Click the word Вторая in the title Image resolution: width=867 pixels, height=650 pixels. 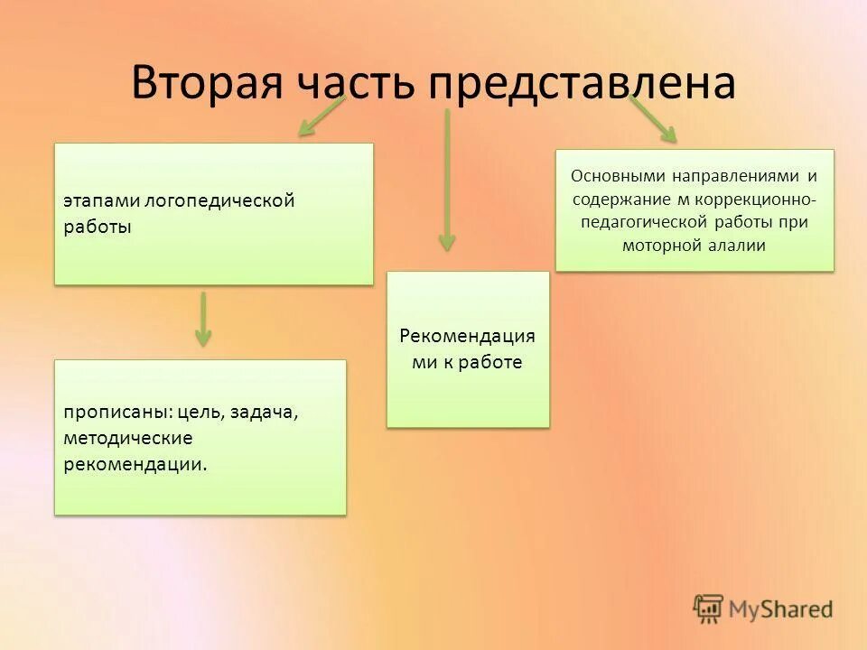(206, 83)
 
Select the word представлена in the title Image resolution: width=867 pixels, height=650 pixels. (583, 83)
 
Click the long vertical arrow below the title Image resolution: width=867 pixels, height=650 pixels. (446, 181)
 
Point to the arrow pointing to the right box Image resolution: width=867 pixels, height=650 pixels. (653, 119)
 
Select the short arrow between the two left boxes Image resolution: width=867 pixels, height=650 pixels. (203, 319)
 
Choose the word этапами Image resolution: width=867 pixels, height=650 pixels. (95, 200)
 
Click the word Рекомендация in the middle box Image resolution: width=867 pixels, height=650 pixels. (467, 336)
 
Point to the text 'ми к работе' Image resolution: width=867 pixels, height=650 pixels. (467, 362)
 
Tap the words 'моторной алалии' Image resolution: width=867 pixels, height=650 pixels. (694, 245)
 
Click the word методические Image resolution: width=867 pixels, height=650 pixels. (127, 439)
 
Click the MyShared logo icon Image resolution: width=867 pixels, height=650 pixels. (709, 608)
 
